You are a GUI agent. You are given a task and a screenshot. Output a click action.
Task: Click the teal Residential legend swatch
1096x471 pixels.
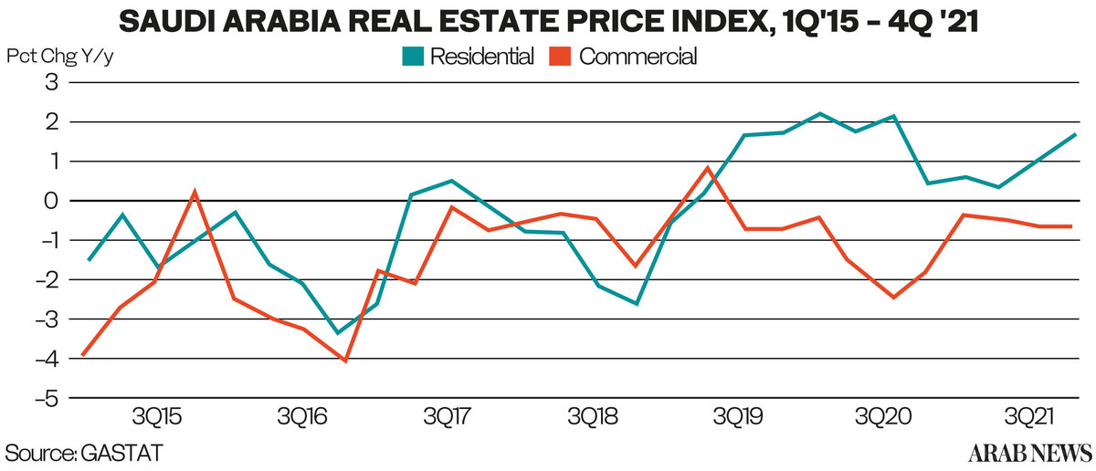click(413, 57)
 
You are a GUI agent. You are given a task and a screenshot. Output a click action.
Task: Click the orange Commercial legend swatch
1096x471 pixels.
click(561, 57)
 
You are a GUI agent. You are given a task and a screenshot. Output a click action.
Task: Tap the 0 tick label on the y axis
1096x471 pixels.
click(51, 201)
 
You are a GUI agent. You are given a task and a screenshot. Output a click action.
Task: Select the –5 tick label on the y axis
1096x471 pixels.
click(46, 399)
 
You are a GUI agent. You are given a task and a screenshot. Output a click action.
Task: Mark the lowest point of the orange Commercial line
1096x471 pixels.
click(345, 361)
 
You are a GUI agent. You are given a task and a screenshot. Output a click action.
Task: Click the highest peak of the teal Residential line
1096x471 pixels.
click(819, 113)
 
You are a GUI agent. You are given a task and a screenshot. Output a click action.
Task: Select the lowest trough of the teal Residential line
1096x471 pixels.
click(338, 333)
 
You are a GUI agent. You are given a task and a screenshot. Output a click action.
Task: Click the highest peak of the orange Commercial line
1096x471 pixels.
click(709, 168)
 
